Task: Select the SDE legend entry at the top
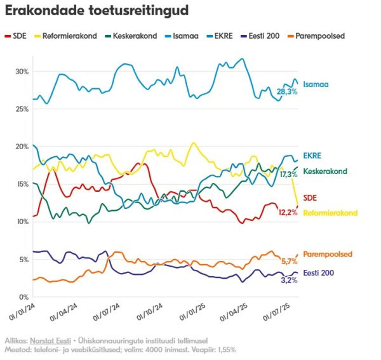tap(18, 36)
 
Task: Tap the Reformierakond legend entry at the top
tap(69, 36)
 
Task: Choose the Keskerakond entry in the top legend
tap(132, 36)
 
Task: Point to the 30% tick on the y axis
tap(22, 72)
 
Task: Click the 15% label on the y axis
tap(22, 184)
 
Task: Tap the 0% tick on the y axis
tap(23, 297)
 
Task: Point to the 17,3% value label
tap(289, 174)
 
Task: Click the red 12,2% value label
tap(289, 212)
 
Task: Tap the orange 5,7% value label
tap(289, 261)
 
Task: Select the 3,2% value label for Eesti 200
tap(289, 280)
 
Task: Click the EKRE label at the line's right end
tap(312, 156)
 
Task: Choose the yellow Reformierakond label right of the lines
tap(330, 213)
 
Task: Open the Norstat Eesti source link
tap(47, 340)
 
